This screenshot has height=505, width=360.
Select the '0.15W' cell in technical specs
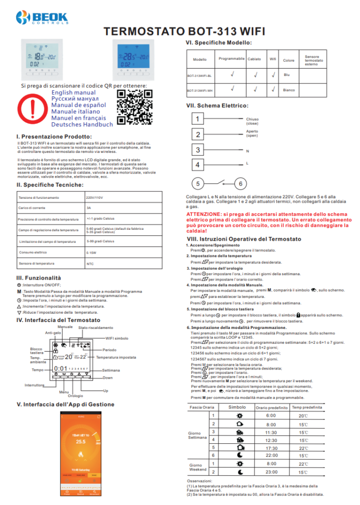pos(92,252)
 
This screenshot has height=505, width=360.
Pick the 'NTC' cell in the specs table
pos(90,264)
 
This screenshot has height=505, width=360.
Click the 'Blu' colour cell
pos(287,75)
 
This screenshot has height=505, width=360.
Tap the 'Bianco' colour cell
pos(289,90)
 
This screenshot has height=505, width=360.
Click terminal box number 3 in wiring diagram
pos(198,150)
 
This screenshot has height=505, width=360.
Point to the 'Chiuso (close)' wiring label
pos(252,121)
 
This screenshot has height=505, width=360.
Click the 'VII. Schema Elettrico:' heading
pos(216,106)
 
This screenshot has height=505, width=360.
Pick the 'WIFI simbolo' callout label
pos(118,338)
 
